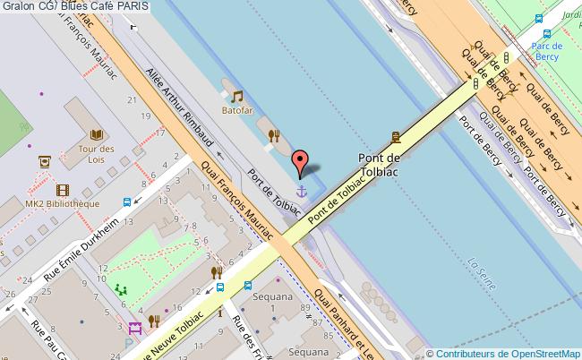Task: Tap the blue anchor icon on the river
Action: [301, 191]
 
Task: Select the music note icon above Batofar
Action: [235, 96]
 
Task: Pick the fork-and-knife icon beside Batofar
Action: [275, 135]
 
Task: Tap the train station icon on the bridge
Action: [395, 137]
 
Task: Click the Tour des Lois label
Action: [96, 153]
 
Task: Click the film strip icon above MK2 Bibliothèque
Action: [62, 189]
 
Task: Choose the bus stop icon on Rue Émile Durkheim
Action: [127, 201]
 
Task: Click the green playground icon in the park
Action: [121, 290]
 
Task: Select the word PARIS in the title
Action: [132, 7]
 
